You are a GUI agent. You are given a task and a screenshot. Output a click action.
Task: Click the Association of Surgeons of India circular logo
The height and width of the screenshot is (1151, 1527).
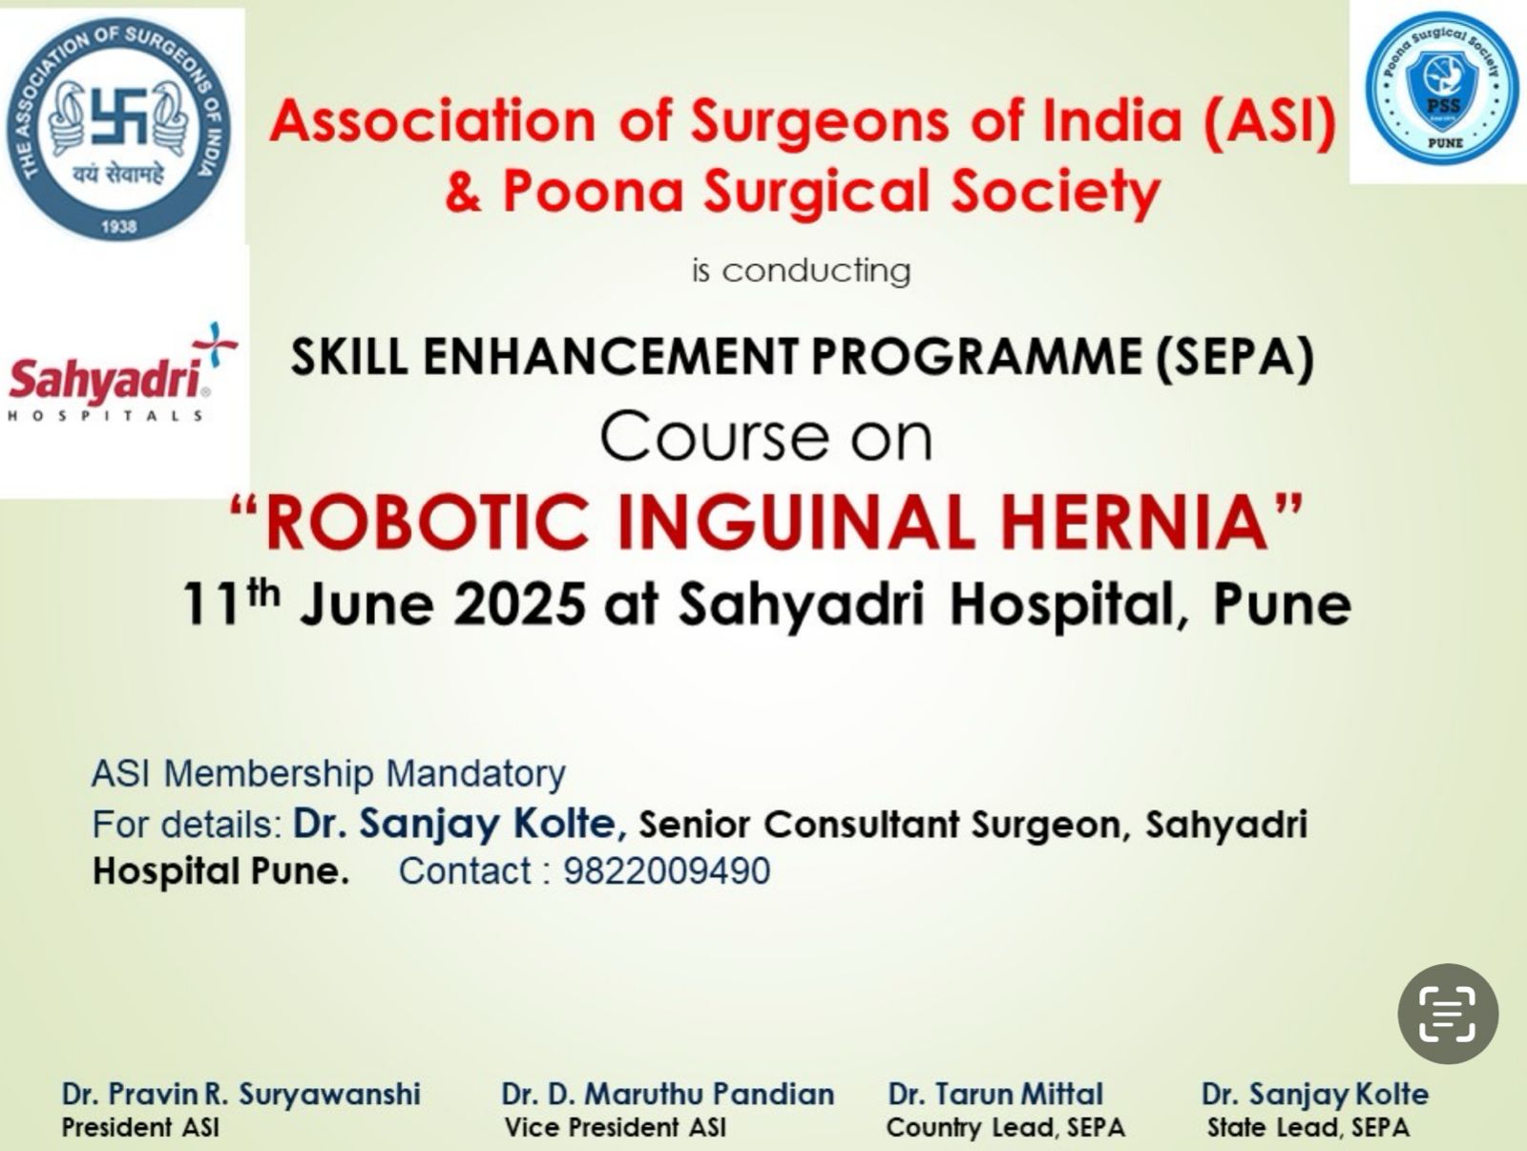click(119, 130)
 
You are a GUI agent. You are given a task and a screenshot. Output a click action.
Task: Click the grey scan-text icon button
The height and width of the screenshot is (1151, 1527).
click(1448, 1014)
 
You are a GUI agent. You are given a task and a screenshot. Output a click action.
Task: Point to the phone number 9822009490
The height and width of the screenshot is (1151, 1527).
click(666, 870)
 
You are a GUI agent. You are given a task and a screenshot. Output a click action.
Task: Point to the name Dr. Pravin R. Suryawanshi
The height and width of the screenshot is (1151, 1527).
click(241, 1094)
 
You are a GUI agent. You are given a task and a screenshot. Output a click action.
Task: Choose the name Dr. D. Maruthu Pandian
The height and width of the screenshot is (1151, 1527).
click(668, 1094)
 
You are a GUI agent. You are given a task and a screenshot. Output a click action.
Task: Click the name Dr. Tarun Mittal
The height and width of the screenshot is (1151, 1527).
click(995, 1094)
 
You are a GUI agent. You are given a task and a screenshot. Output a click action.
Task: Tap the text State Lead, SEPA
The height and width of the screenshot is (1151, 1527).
click(1308, 1127)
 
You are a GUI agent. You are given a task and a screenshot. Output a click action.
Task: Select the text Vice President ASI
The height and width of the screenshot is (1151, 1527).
click(615, 1127)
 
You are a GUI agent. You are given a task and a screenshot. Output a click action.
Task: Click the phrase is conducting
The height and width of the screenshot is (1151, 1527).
click(802, 271)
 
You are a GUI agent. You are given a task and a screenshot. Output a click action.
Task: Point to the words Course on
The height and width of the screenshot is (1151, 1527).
click(766, 438)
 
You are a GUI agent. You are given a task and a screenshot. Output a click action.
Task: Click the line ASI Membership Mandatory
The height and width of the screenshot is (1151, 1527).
click(329, 773)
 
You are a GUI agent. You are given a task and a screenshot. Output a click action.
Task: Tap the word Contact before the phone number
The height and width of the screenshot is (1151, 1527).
click(465, 870)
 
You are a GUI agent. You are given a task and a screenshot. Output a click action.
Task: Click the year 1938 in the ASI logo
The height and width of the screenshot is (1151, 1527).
click(119, 227)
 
